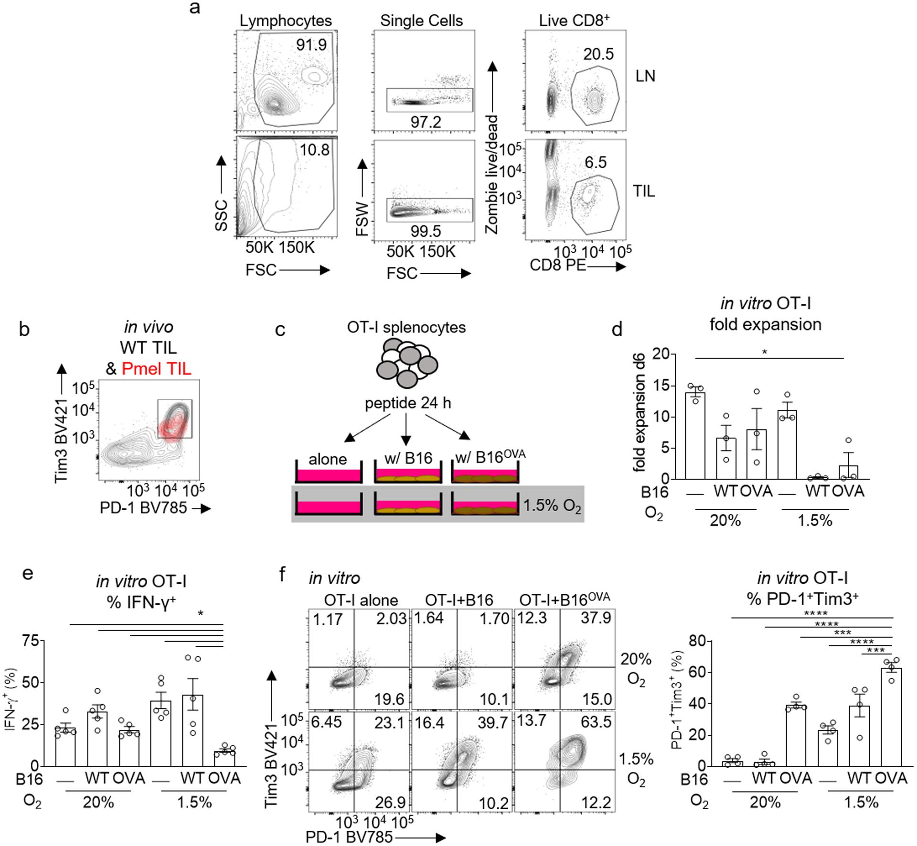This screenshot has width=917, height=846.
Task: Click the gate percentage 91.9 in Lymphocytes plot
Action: tap(311, 45)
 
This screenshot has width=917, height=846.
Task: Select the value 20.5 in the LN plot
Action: tap(598, 54)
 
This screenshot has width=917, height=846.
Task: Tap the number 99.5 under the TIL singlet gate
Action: tap(426, 232)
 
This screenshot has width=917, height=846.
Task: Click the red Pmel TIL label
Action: tap(156, 368)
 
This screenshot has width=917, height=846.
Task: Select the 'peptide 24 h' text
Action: tap(408, 404)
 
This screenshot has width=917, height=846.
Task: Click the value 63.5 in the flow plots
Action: tap(596, 722)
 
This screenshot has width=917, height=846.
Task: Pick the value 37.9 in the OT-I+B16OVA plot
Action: tap(596, 619)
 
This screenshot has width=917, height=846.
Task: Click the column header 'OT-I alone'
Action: tap(361, 600)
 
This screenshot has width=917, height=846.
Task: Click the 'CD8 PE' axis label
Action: tap(558, 265)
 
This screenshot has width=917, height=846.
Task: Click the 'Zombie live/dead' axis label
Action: tap(492, 174)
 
